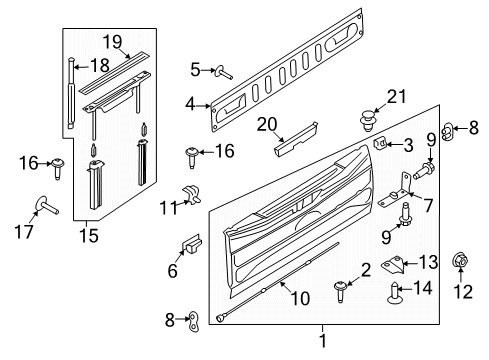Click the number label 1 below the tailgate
322,340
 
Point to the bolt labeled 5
219,70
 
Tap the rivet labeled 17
47,205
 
